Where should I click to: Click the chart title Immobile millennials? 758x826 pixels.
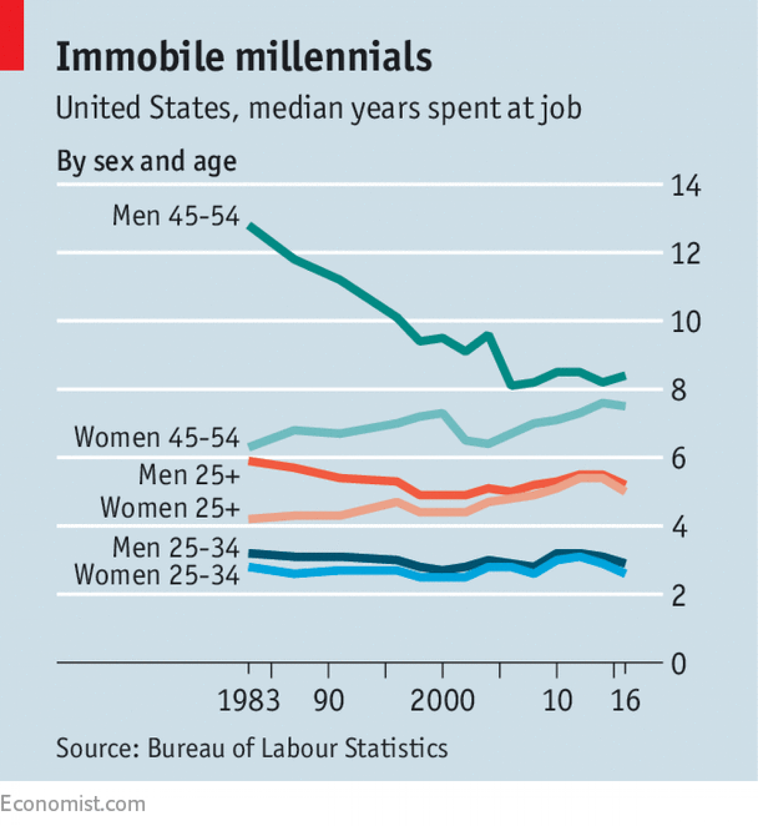click(x=244, y=57)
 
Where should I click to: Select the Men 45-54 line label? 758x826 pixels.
click(x=176, y=216)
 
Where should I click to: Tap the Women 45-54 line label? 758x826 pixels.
click(x=156, y=437)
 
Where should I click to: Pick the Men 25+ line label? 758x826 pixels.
click(x=189, y=474)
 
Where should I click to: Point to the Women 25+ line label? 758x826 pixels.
click(x=170, y=507)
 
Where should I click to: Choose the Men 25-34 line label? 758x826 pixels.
click(x=176, y=547)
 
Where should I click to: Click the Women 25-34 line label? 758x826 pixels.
click(x=156, y=575)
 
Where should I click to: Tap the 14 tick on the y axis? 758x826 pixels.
click(x=686, y=186)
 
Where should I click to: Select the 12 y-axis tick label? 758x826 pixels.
click(x=686, y=254)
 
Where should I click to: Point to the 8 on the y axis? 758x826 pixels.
click(x=678, y=390)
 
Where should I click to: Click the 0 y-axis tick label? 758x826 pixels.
click(x=678, y=664)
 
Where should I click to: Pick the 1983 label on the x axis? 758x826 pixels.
click(x=249, y=700)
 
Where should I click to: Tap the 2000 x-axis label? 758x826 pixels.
click(x=442, y=700)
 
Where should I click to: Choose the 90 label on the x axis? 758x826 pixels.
click(x=328, y=700)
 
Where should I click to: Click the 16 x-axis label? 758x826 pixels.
click(x=625, y=700)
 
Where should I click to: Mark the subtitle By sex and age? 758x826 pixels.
click(x=146, y=161)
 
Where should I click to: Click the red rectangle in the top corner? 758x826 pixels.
click(x=11, y=35)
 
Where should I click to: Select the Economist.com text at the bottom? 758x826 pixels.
click(x=72, y=804)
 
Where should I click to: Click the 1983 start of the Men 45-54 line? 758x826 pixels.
click(x=250, y=226)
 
